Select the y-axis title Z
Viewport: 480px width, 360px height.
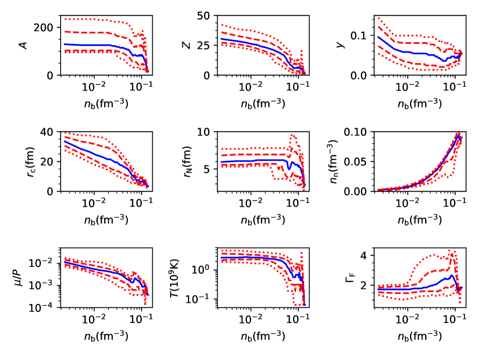coord(187,45)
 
